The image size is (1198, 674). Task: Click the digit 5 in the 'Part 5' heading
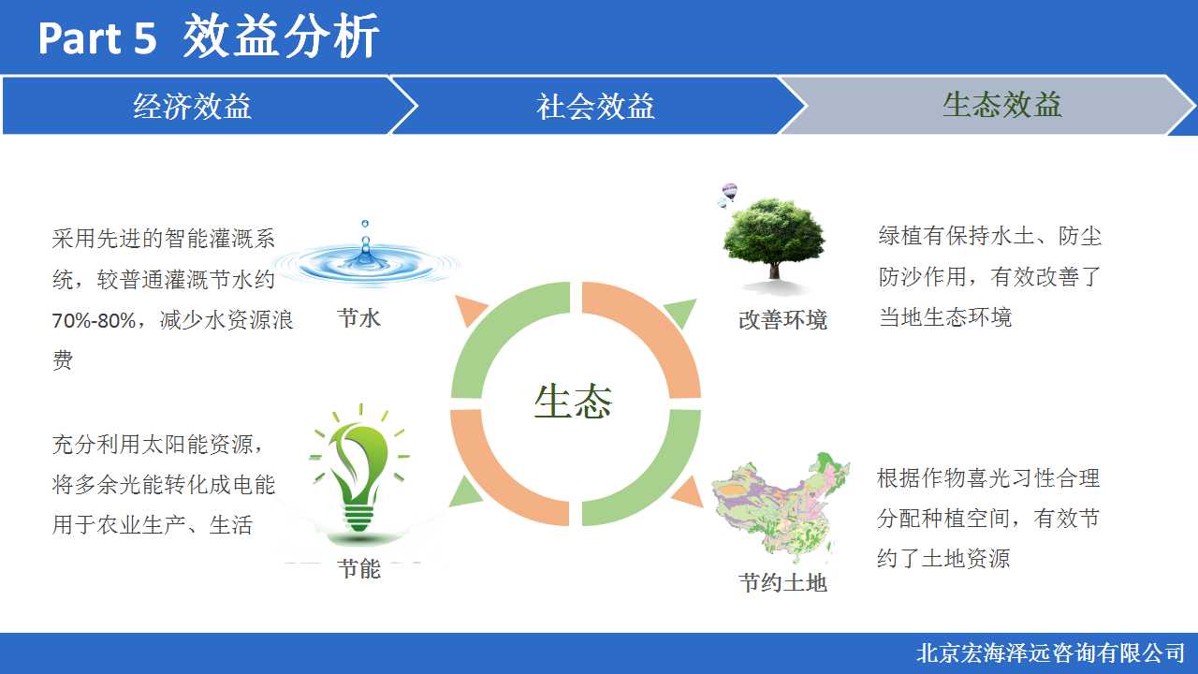[144, 38]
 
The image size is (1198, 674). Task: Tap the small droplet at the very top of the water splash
[365, 223]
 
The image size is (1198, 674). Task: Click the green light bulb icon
[359, 471]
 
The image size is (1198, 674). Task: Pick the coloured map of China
[781, 508]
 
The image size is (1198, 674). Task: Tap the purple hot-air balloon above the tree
[729, 191]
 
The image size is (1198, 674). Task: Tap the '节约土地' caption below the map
[783, 583]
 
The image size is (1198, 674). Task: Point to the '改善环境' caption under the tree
[783, 320]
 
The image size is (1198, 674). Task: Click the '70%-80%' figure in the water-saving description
[95, 320]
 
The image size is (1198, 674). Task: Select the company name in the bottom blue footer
[1050, 653]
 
